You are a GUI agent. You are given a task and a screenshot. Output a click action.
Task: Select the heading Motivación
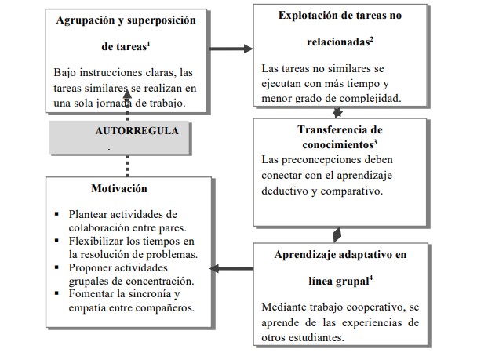[118, 188]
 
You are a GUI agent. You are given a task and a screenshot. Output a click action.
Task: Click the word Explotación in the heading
[312, 16]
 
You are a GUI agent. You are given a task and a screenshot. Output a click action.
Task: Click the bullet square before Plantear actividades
[56, 214]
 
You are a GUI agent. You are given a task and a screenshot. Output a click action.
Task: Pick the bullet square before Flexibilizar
[56, 241]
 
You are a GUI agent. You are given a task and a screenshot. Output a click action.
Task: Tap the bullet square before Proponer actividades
[56, 267]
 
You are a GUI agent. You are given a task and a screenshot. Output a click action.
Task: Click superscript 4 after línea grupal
[372, 278]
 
